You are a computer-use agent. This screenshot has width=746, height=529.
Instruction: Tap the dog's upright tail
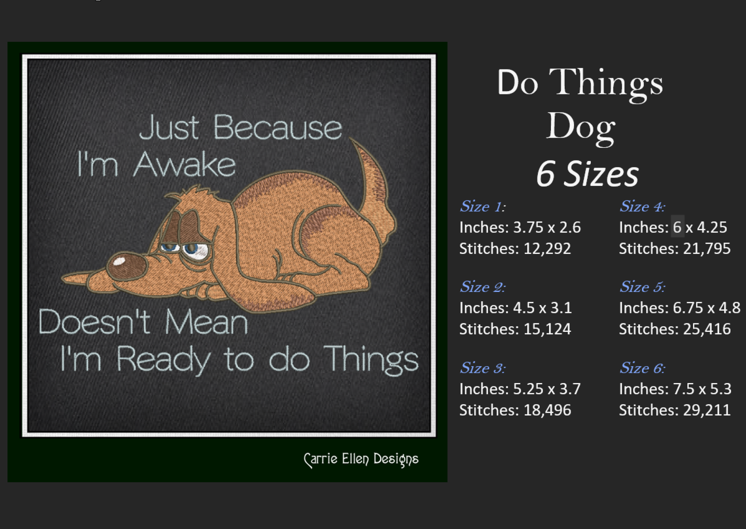tap(374, 192)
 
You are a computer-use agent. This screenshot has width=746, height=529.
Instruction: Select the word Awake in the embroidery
tap(184, 165)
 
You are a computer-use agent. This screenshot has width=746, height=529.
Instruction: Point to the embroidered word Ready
tap(163, 360)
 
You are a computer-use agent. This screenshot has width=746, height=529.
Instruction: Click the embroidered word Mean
tap(206, 322)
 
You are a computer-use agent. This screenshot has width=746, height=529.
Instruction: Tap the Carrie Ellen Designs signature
tap(361, 459)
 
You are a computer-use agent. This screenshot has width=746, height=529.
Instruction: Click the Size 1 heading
tap(483, 206)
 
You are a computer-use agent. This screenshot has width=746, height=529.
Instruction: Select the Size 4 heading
tap(642, 206)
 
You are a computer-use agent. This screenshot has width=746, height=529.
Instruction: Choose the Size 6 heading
tap(642, 368)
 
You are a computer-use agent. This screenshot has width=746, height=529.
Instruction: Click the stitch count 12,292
tap(547, 249)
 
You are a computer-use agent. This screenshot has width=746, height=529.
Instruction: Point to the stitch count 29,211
tap(707, 410)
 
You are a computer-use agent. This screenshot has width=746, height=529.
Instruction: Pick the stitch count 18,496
tap(547, 410)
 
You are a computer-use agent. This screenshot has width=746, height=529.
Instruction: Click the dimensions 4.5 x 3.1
tap(542, 308)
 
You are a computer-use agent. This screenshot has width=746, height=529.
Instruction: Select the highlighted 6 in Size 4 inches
tap(677, 227)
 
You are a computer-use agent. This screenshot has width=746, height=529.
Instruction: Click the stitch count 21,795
tap(707, 249)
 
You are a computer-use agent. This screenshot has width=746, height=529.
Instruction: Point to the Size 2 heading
tap(483, 287)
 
